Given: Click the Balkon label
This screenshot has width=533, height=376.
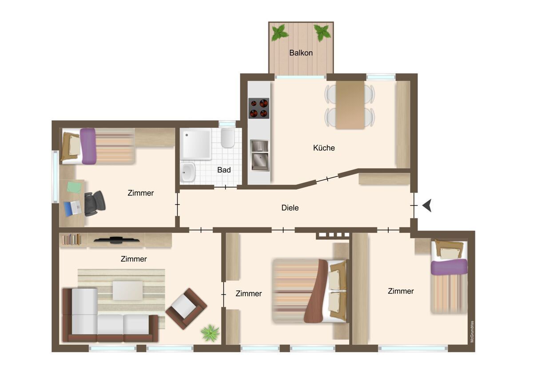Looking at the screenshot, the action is pyautogui.click(x=301, y=53).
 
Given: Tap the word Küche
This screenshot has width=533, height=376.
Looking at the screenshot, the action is pyautogui.click(x=324, y=148).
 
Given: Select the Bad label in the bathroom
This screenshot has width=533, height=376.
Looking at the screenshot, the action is pyautogui.click(x=224, y=170).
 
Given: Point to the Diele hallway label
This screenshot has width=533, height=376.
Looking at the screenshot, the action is pyautogui.click(x=290, y=208).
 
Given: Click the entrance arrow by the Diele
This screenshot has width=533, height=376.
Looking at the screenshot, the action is pyautogui.click(x=427, y=206).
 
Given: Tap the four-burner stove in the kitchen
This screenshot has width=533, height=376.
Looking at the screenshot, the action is pyautogui.click(x=259, y=108).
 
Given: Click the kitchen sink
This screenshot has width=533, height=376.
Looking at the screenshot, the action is pyautogui.click(x=259, y=155).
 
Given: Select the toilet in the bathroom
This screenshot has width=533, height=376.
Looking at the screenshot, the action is pyautogui.click(x=228, y=138).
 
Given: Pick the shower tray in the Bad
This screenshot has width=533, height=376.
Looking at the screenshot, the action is pyautogui.click(x=195, y=144).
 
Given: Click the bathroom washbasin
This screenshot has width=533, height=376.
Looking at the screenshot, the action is pyautogui.click(x=188, y=172).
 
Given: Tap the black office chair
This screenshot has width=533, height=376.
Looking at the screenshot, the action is pyautogui.click(x=95, y=204).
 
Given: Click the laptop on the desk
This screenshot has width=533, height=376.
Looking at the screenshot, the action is pyautogui.click(x=73, y=208).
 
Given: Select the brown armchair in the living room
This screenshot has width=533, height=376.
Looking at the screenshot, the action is pyautogui.click(x=186, y=309).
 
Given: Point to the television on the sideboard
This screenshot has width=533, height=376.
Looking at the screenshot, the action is pyautogui.click(x=116, y=240).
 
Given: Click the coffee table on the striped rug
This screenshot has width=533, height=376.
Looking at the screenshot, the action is pyautogui.click(x=128, y=290).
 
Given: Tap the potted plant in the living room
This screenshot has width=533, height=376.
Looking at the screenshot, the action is pyautogui.click(x=210, y=333).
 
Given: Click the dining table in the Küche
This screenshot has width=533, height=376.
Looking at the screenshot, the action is pyautogui.click(x=350, y=105).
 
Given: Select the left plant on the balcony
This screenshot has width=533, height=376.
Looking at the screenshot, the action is pyautogui.click(x=280, y=32).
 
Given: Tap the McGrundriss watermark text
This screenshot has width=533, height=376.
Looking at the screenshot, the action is pyautogui.click(x=472, y=332).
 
